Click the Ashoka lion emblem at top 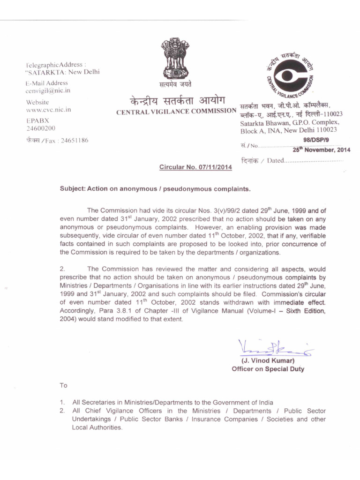coord(175,59)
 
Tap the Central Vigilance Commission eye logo coord(288,74)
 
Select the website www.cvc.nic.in coord(48,110)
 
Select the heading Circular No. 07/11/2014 coord(196,167)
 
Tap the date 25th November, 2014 coord(322,150)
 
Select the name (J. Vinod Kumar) coord(268,361)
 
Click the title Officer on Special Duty coord(268,369)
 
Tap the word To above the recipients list coord(64,386)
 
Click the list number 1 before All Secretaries coord(62,403)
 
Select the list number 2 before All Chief coord(62,411)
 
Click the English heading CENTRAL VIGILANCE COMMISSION coord(176,111)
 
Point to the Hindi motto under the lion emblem coord(175,84)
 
